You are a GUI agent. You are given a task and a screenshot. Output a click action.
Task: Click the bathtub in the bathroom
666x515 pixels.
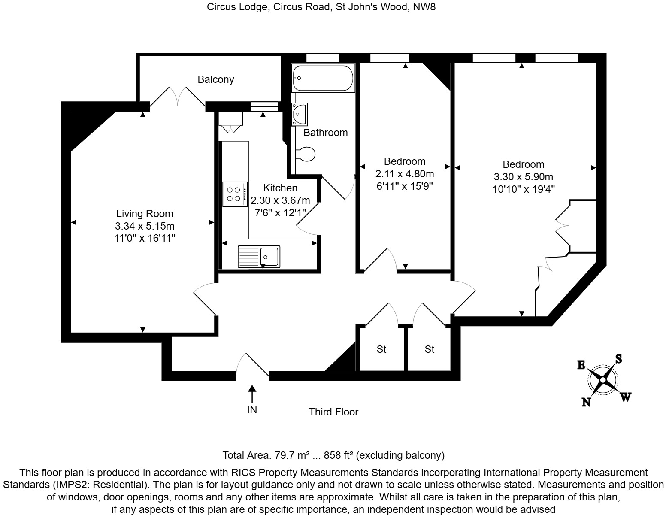(x=323, y=78)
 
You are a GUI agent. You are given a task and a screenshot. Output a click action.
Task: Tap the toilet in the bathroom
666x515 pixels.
(x=306, y=154)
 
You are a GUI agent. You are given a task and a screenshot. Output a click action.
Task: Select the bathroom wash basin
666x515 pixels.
(x=299, y=114)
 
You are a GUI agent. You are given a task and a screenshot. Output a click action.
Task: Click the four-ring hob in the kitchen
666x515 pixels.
(x=235, y=194)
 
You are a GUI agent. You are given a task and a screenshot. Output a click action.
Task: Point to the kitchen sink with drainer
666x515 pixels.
(x=259, y=257)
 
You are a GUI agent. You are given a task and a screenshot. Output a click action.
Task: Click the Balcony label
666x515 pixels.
(x=216, y=79)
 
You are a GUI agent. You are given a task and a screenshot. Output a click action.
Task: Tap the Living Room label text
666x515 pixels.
(x=145, y=214)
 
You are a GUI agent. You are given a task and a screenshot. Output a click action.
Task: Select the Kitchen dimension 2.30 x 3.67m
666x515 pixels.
(x=280, y=200)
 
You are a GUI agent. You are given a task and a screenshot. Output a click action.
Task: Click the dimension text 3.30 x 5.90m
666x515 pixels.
(x=524, y=177)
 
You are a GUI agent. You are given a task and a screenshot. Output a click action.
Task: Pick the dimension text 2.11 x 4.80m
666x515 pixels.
(x=405, y=174)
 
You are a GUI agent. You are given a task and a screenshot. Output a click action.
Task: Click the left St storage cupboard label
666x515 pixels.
(x=381, y=349)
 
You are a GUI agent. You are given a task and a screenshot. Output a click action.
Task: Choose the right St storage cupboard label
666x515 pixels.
(x=430, y=349)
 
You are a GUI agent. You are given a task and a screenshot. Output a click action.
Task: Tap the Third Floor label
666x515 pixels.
(x=333, y=412)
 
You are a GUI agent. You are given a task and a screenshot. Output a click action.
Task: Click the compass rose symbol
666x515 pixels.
(x=603, y=380)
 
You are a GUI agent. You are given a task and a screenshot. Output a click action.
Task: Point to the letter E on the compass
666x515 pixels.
(x=581, y=365)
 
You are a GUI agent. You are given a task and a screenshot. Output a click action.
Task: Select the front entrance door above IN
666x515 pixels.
(x=253, y=366)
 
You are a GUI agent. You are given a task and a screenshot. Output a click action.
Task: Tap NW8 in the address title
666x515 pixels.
(x=424, y=7)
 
